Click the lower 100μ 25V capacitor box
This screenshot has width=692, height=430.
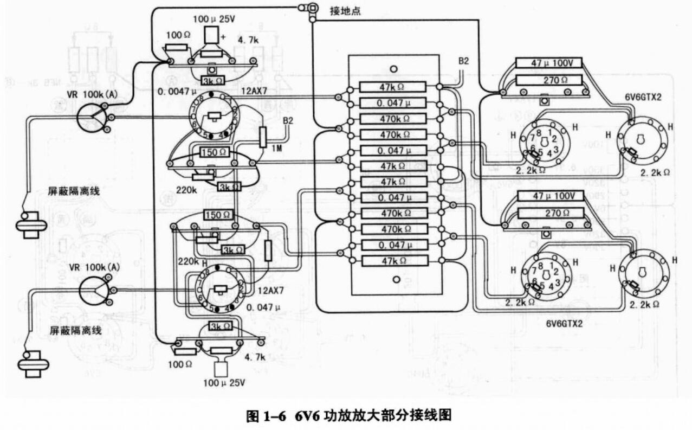coord(221,369)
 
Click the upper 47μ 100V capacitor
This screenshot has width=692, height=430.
coord(548,63)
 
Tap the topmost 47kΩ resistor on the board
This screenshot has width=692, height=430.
coord(392,87)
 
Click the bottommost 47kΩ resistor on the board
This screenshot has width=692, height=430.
coord(392,261)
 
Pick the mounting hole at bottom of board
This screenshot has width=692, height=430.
coord(396,280)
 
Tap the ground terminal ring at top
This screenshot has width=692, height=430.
coord(313,7)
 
